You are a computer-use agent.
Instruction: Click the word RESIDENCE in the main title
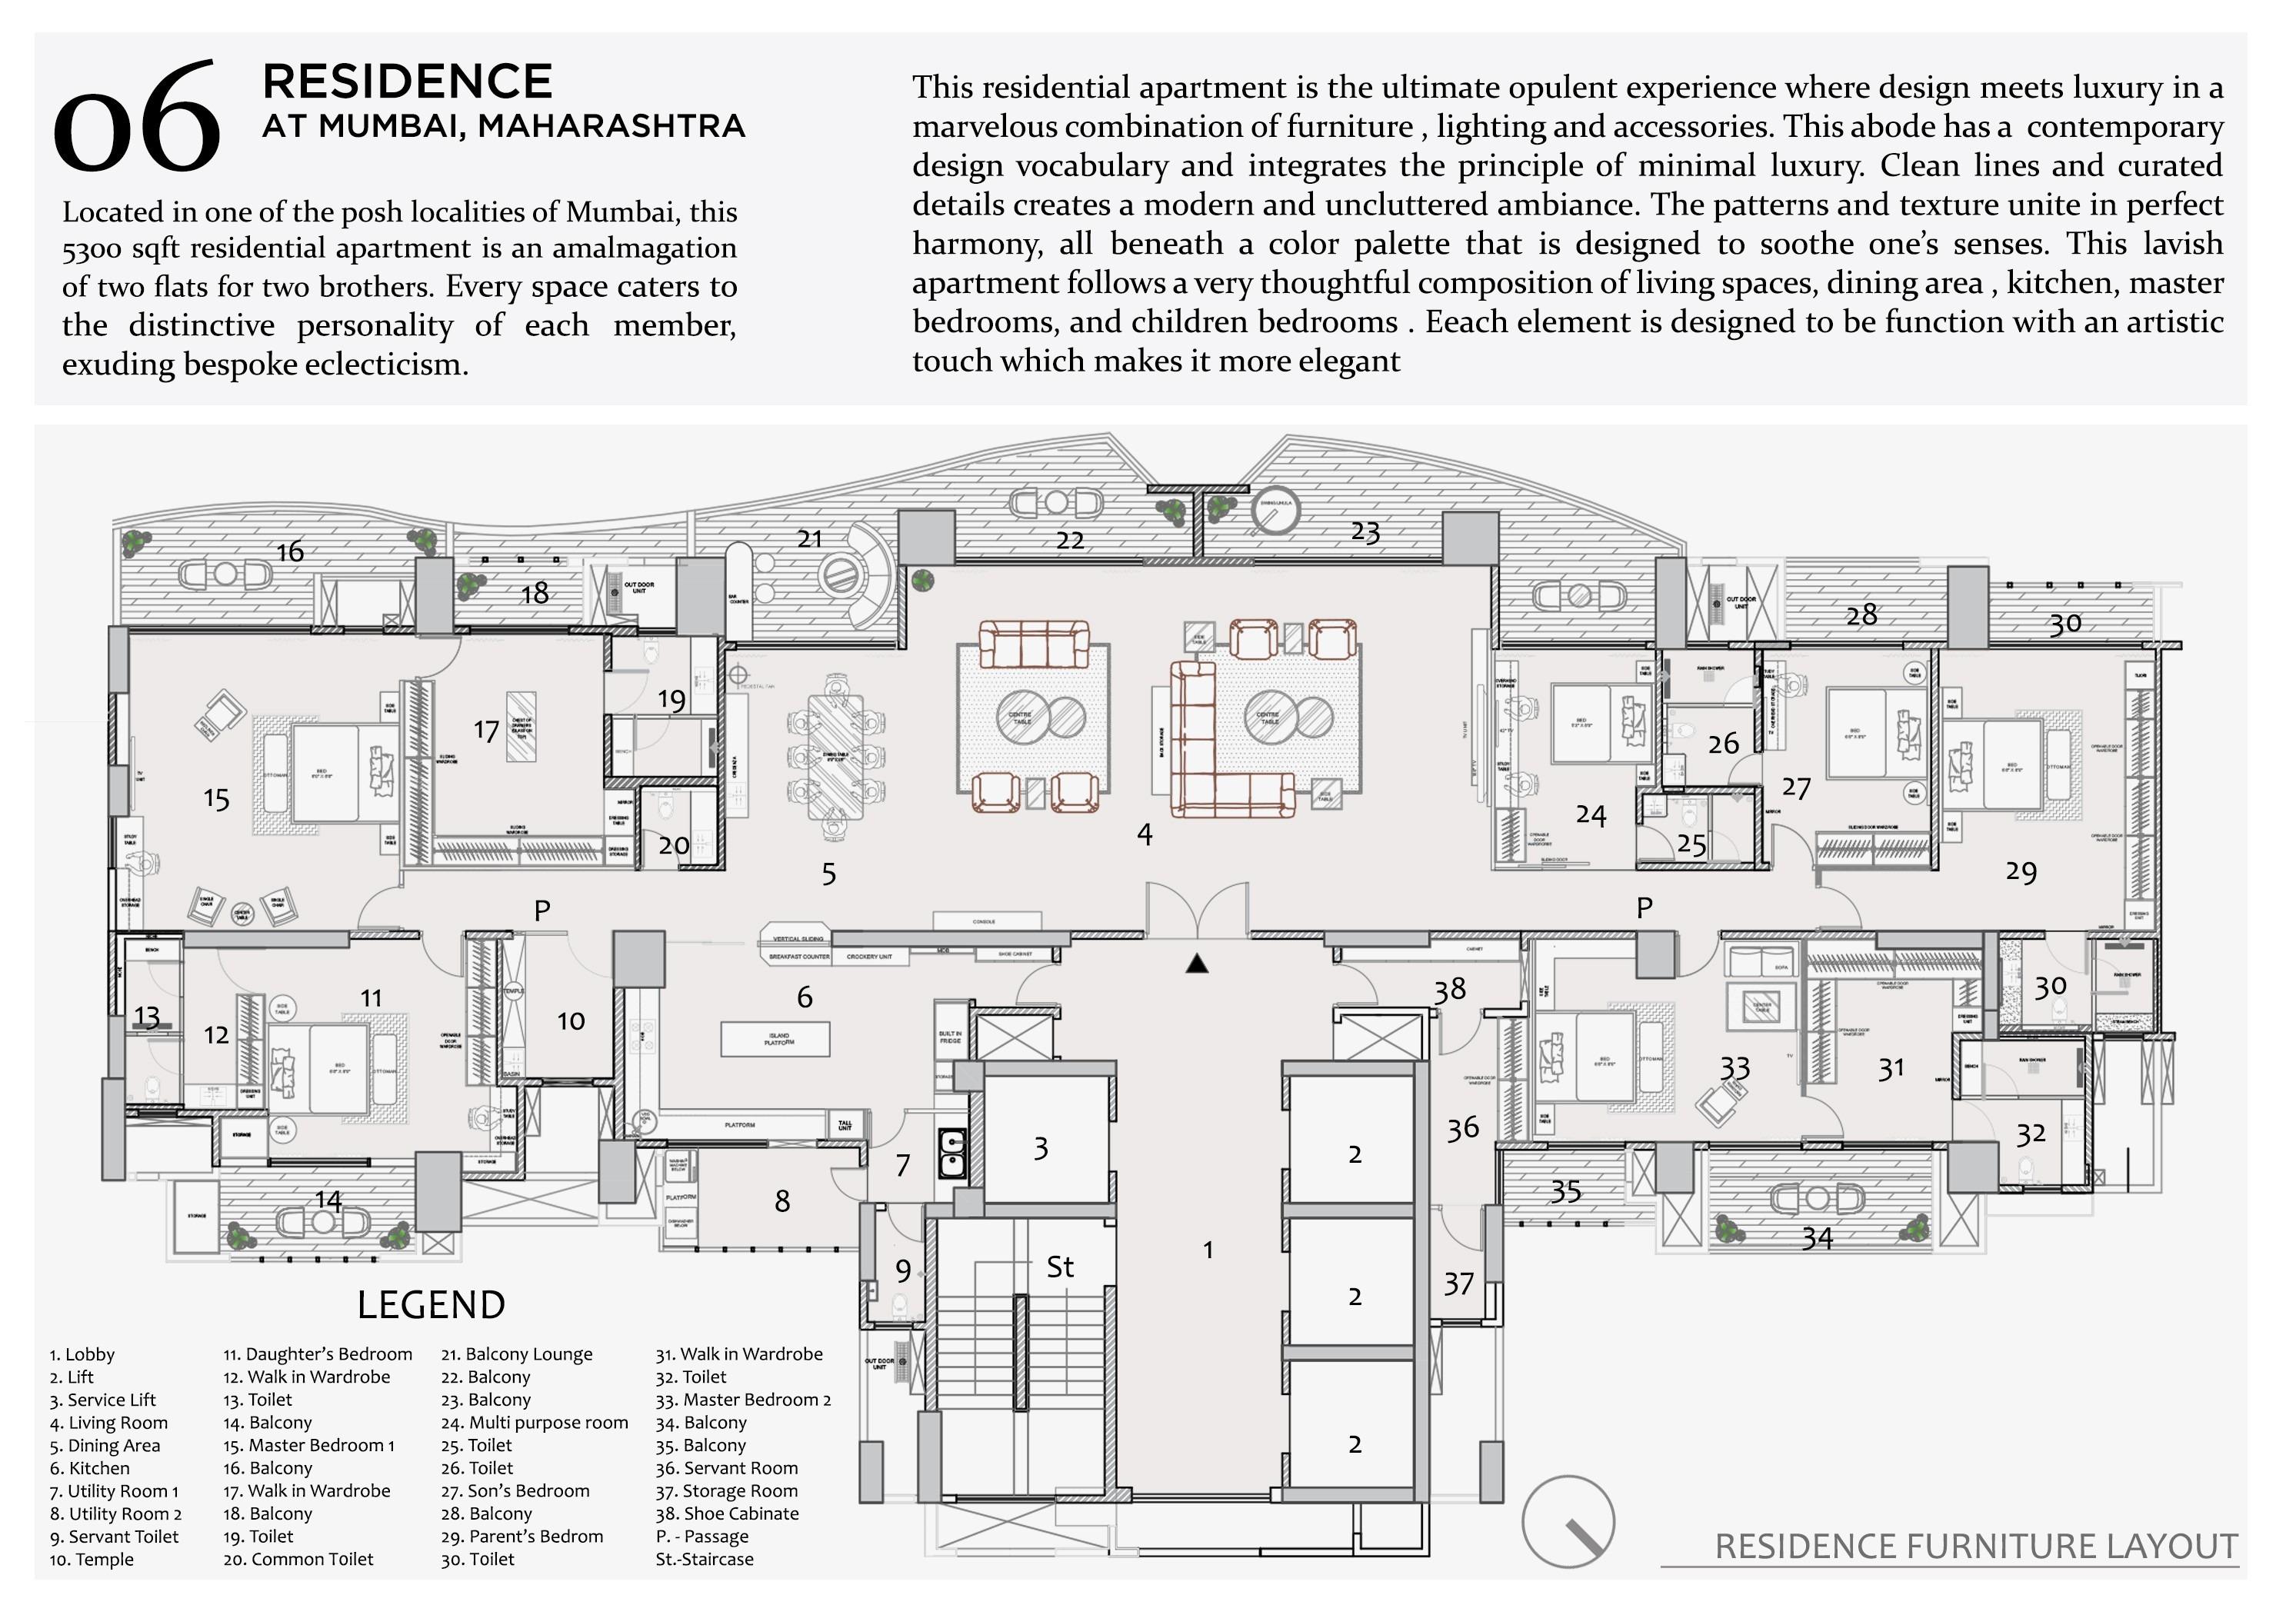[x=407, y=82]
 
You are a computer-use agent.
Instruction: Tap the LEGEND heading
[x=431, y=1304]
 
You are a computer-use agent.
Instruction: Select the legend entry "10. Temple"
[x=92, y=1559]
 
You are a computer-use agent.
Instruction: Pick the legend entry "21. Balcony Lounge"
[x=517, y=1354]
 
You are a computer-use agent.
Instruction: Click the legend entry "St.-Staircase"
[x=705, y=1559]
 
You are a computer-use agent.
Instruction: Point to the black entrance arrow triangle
[x=1197, y=963]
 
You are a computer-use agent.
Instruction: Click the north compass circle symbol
[x=1568, y=1521]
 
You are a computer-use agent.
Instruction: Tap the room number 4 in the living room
[x=1145, y=834]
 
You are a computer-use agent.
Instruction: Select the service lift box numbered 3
[x=1041, y=1148]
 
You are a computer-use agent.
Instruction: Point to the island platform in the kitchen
[x=775, y=1038]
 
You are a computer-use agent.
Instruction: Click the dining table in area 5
[x=836, y=758]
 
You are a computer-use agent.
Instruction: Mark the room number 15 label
[x=216, y=798]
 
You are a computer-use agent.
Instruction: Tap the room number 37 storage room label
[x=1458, y=1284]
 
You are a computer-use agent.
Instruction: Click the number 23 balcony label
[x=1366, y=533]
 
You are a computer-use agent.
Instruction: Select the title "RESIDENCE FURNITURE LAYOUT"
[x=1976, y=1547]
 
